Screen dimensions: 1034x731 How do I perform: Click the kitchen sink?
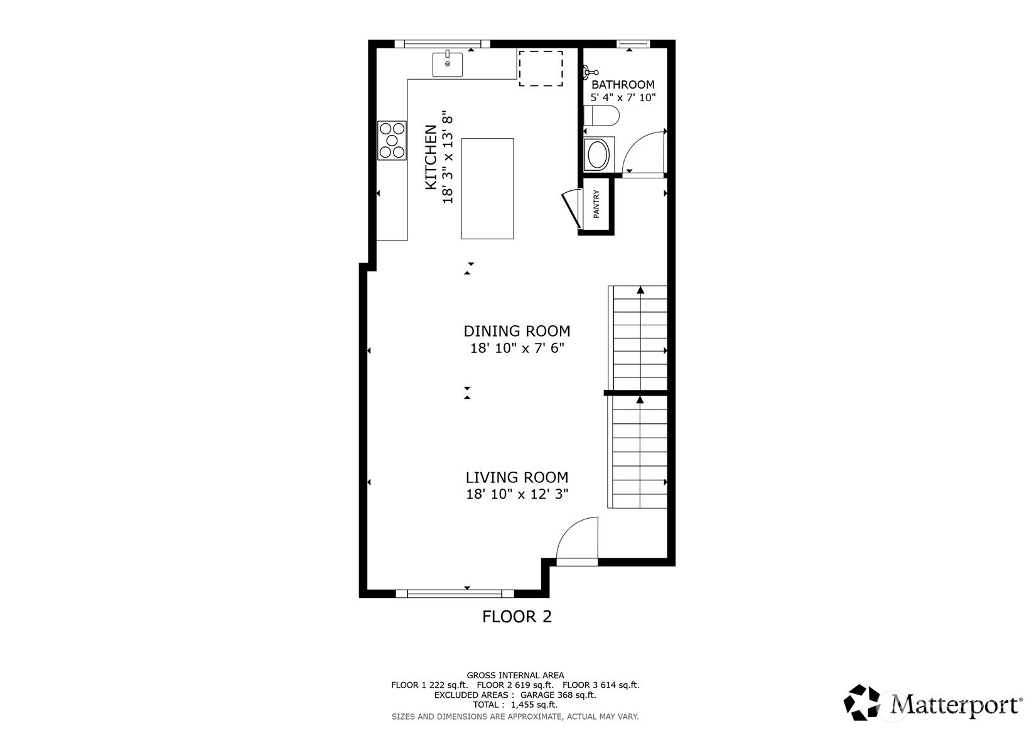point(447,64)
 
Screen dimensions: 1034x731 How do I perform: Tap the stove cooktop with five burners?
point(392,141)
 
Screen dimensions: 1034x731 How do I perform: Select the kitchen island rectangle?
point(487,188)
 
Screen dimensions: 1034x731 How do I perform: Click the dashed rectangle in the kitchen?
point(541,68)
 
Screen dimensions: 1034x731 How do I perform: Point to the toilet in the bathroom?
point(601,116)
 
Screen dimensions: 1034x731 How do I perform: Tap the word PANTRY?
point(596,203)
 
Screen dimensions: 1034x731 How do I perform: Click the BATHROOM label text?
point(623,85)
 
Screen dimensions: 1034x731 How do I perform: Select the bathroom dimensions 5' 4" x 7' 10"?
point(623,97)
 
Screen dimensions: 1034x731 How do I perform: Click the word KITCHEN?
point(431,157)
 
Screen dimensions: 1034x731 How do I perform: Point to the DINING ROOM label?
point(517,331)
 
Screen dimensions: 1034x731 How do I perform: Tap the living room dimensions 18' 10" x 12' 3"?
point(517,494)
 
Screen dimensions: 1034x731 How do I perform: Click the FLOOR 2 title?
point(517,617)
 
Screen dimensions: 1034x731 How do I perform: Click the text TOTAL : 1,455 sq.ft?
point(515,705)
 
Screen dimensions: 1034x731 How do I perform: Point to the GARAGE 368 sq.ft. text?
point(558,695)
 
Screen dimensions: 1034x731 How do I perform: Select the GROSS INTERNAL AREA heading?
point(515,675)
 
